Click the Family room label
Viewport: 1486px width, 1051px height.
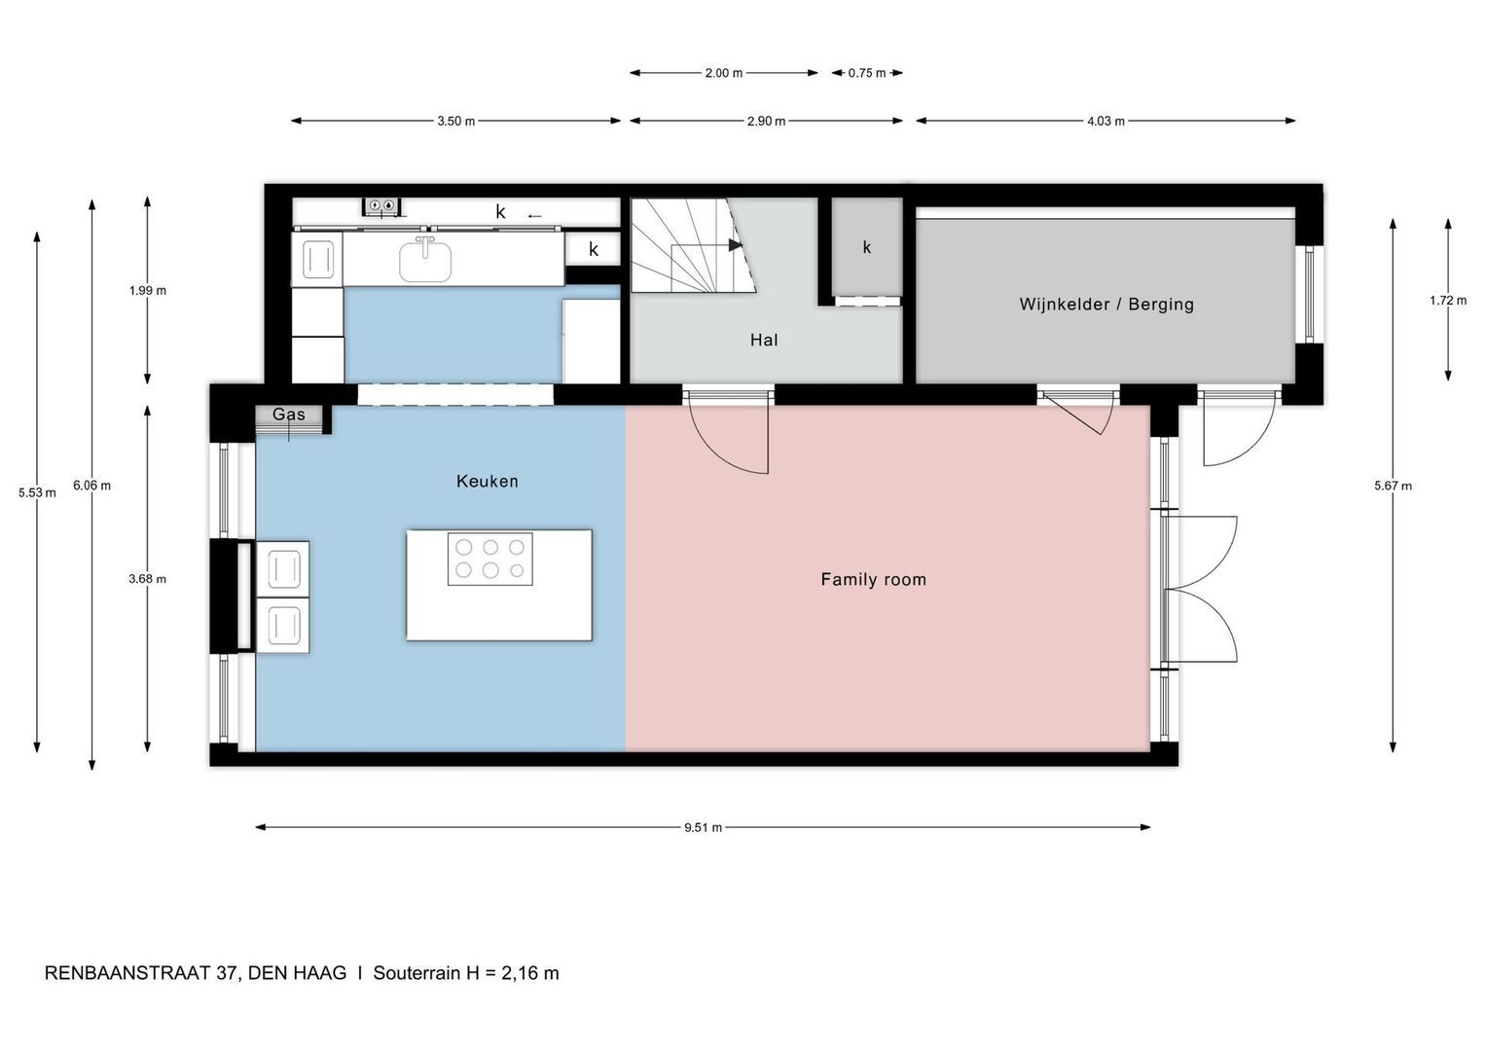pos(873,579)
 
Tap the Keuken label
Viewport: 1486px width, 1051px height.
pos(487,481)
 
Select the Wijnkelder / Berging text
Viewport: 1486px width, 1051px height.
pos(1105,304)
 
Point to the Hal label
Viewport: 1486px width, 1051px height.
pos(763,340)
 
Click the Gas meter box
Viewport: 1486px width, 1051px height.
pos(289,416)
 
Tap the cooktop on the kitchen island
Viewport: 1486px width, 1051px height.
pos(489,559)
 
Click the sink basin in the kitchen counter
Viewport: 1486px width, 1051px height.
pos(425,261)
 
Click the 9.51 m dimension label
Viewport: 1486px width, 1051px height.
pos(703,827)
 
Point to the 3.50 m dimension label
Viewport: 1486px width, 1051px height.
pos(455,122)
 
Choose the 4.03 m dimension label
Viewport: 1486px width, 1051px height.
pos(1105,122)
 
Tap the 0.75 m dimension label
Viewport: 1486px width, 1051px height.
pos(866,73)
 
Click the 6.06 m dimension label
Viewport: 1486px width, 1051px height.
pos(91,486)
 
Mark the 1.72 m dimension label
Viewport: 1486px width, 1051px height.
pos(1447,301)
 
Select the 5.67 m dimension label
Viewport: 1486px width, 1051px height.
pos(1393,486)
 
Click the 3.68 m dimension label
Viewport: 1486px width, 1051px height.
pos(147,579)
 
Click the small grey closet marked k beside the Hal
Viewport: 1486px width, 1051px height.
pos(866,247)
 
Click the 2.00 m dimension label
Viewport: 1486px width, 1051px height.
pos(723,73)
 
